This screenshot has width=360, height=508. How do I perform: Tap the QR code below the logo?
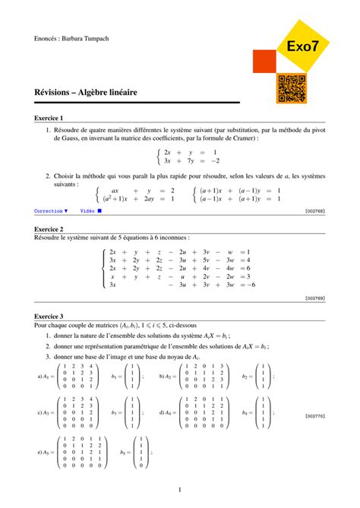291,89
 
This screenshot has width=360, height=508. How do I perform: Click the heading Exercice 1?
49,118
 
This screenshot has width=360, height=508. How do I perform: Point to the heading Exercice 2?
49,229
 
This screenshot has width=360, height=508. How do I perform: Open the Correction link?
51,210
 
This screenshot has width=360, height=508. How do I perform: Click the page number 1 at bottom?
179,490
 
